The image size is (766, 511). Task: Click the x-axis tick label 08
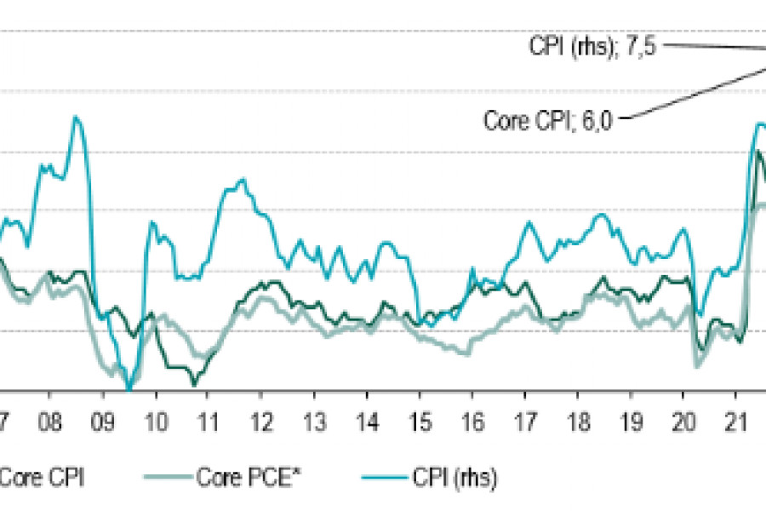click(49, 423)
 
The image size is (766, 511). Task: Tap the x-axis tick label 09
click(102, 423)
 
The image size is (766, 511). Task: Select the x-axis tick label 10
click(155, 423)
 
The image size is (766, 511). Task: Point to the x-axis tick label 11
click(208, 423)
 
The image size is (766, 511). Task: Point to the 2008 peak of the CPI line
click(76, 117)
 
